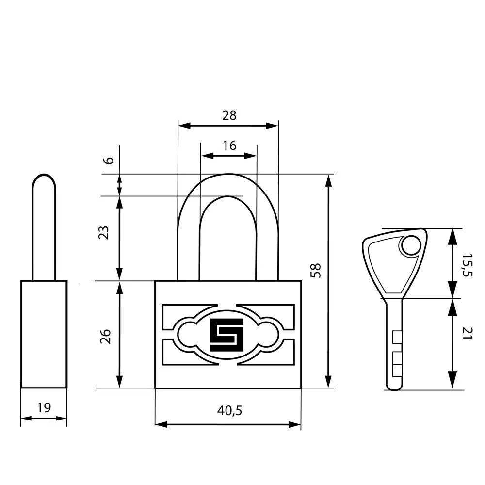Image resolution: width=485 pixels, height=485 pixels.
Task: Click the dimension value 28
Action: point(229,115)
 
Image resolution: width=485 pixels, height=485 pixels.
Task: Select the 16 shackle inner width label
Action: point(229,145)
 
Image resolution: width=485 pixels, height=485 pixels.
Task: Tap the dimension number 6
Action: point(109,161)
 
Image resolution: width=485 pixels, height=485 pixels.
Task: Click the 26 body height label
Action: point(105,336)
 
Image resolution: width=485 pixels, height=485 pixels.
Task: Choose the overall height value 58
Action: point(316,271)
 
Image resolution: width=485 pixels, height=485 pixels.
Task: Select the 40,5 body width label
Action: point(229,410)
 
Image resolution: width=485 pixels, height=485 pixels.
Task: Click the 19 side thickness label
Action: point(44,408)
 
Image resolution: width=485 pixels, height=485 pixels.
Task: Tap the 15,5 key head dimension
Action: point(468,265)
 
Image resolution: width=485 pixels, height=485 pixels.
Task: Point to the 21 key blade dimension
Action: point(468,333)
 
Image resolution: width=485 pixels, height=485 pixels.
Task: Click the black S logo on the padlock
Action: point(227,335)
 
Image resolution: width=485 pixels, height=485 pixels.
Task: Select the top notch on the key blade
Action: point(397,337)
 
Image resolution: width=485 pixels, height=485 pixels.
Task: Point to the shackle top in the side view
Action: point(44,177)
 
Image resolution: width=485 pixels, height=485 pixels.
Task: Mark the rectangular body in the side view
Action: point(44,334)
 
